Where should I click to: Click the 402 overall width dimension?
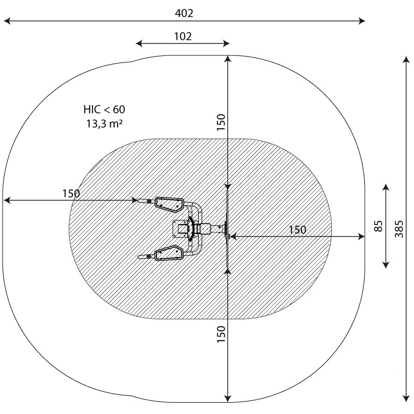point(184,13)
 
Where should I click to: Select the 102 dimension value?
point(183,36)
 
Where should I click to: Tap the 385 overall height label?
point(399,229)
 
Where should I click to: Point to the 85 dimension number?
point(378,226)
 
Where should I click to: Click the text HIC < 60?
point(105,109)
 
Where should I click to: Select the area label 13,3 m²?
point(105,123)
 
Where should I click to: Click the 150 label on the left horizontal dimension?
point(71,194)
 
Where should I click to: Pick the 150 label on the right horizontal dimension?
point(298,230)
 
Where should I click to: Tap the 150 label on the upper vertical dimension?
point(221,122)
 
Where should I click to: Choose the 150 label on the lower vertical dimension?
point(221,334)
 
